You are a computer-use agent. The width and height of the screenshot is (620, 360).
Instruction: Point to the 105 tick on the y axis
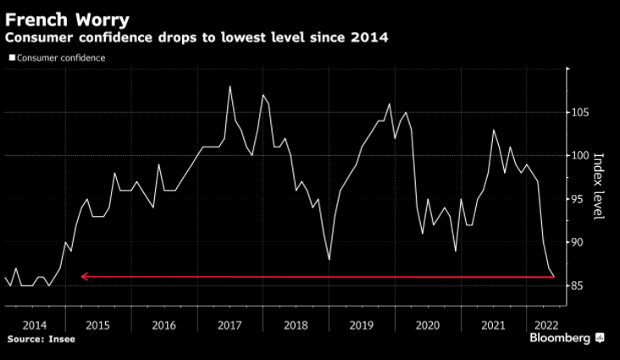579,112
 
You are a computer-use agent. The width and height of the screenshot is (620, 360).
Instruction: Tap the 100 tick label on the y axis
579,155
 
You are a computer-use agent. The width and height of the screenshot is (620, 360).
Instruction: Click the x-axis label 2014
35,324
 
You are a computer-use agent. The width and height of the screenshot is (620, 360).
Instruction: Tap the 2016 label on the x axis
164,324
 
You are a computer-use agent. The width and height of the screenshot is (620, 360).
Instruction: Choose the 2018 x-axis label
296,324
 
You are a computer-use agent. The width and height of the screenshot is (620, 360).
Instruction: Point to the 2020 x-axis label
428,324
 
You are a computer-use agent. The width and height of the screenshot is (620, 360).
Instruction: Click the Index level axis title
598,186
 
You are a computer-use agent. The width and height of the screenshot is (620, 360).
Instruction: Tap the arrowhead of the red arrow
83,276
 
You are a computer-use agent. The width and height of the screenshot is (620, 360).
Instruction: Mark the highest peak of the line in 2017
230,86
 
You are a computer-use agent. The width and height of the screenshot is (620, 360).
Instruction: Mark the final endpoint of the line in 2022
553,276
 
